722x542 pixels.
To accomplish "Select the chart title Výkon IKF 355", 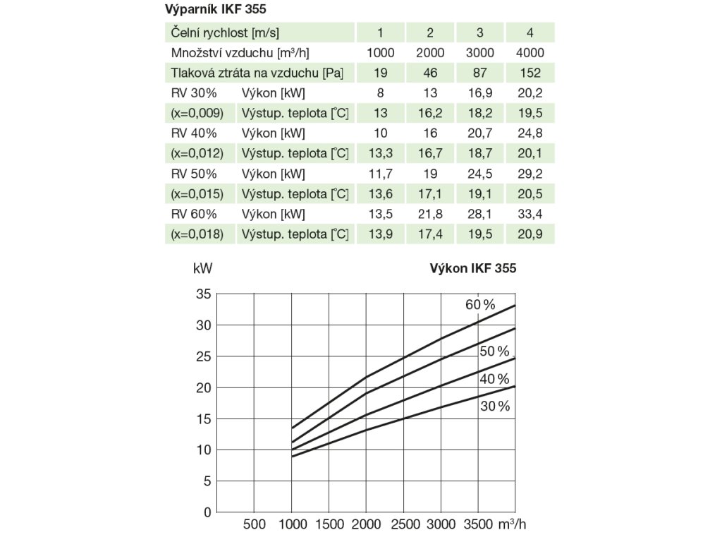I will (x=472, y=268).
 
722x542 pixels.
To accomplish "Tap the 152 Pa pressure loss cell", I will (x=530, y=73).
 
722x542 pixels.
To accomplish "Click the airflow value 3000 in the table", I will (x=480, y=53).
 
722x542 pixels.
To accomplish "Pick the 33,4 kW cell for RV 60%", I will (x=530, y=214).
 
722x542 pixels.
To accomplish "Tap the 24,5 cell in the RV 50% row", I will (x=480, y=174).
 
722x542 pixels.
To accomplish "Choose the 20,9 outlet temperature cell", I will (x=530, y=234).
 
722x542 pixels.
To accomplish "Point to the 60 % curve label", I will (x=480, y=304).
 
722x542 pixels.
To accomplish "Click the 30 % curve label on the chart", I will (x=494, y=406).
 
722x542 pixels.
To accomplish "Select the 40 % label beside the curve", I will (x=494, y=379).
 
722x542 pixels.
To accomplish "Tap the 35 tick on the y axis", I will (x=203, y=295).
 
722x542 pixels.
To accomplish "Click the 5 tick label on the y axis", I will (x=207, y=481).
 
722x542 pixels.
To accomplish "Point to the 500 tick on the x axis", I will (x=255, y=524).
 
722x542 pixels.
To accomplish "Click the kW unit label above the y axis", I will (x=202, y=268).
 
